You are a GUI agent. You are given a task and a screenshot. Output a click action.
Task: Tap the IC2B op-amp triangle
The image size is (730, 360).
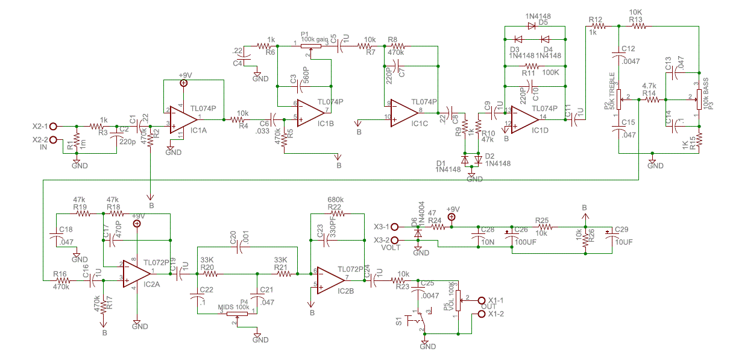click(x=329, y=278)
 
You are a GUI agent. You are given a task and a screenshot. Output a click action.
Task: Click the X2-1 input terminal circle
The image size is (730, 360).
click(x=53, y=127)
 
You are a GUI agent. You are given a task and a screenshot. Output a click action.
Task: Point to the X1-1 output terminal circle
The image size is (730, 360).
click(x=481, y=300)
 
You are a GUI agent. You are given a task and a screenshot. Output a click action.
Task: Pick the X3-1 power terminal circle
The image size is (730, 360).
click(x=395, y=227)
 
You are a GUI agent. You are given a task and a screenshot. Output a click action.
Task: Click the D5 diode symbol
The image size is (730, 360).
click(x=532, y=26)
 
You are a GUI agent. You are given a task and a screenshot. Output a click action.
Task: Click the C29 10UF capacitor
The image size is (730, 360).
click(x=609, y=232)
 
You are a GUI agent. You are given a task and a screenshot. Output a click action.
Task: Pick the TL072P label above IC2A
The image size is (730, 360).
click(x=156, y=262)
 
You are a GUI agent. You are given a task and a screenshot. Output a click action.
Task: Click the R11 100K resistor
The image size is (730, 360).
click(x=531, y=65)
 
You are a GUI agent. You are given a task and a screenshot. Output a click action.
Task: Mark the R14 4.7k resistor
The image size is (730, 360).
click(x=649, y=98)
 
